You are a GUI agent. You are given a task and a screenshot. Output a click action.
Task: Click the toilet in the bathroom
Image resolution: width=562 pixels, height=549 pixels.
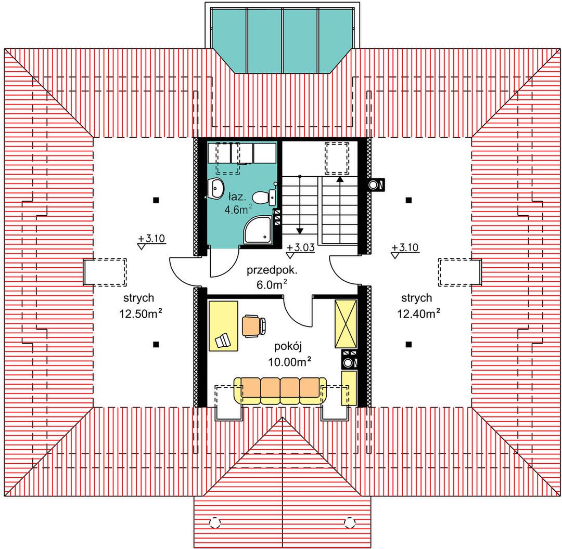[x=264, y=198]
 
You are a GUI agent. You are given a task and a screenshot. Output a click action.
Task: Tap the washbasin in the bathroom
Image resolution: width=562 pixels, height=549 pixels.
[x=216, y=188]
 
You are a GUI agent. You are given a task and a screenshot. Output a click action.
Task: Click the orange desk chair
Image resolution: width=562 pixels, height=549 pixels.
[x=254, y=325]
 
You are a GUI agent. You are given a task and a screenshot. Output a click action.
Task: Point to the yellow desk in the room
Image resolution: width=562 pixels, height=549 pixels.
[x=223, y=325]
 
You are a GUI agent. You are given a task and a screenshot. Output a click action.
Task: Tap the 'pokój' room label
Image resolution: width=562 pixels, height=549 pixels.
[x=288, y=346]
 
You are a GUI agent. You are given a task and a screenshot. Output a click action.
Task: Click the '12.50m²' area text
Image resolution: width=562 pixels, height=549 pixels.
[x=140, y=313]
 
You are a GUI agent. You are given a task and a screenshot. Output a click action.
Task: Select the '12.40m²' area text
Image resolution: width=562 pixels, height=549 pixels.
[x=418, y=313]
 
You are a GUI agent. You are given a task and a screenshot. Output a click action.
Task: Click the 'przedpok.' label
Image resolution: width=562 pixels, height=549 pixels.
[x=272, y=270]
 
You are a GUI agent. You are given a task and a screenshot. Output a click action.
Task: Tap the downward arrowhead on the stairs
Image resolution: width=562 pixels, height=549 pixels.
[x=300, y=231]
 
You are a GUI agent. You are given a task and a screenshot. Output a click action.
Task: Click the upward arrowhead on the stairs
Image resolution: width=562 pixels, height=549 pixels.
[x=340, y=178]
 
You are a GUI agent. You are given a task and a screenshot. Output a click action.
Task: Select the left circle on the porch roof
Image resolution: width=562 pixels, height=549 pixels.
[x=214, y=522]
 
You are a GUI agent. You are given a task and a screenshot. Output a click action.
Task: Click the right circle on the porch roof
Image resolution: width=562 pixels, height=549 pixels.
[x=350, y=522]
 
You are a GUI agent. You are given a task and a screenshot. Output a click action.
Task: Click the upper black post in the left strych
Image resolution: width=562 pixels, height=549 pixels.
[x=156, y=200]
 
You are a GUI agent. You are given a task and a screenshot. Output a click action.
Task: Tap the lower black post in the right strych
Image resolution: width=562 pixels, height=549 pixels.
[x=408, y=345]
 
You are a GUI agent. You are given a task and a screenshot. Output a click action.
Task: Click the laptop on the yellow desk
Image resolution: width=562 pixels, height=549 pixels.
[x=223, y=340]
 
